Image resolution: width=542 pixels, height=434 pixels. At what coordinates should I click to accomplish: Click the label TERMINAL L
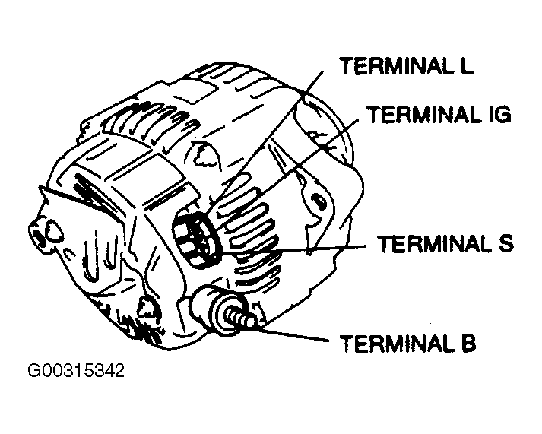tap(407, 65)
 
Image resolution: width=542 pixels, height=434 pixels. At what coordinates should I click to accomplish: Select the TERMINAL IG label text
tap(439, 115)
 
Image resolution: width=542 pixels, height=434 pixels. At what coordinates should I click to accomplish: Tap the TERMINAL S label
tap(446, 244)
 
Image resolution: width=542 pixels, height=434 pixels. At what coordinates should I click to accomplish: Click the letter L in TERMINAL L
tap(466, 65)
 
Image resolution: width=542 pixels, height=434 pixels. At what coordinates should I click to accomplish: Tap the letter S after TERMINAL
tap(507, 244)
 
